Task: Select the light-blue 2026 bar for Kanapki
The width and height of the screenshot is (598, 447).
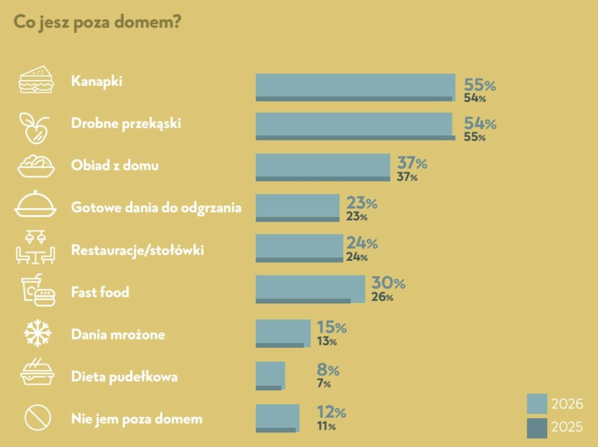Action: click(x=355, y=85)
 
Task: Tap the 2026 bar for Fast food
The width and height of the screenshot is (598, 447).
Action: click(x=310, y=286)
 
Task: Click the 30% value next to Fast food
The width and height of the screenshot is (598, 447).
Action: click(x=388, y=284)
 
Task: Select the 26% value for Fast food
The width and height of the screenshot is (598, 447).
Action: click(x=383, y=298)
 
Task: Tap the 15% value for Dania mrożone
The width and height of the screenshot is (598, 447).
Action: click(x=332, y=327)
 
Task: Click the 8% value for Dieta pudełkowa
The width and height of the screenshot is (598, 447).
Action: click(x=328, y=370)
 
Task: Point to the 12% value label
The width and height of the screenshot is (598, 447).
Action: click(x=331, y=413)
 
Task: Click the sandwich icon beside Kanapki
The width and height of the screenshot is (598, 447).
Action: click(x=36, y=81)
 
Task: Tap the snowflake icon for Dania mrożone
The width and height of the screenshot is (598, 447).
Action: click(x=37, y=334)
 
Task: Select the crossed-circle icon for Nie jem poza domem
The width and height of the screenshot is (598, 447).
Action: click(x=37, y=418)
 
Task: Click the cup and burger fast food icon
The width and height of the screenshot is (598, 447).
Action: click(x=37, y=290)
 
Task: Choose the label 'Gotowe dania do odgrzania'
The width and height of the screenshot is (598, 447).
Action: click(x=156, y=207)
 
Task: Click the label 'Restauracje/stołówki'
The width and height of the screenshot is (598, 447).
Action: click(x=137, y=250)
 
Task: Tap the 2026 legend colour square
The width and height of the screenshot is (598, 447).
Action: click(x=537, y=404)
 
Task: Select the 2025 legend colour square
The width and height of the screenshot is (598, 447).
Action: click(x=537, y=428)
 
